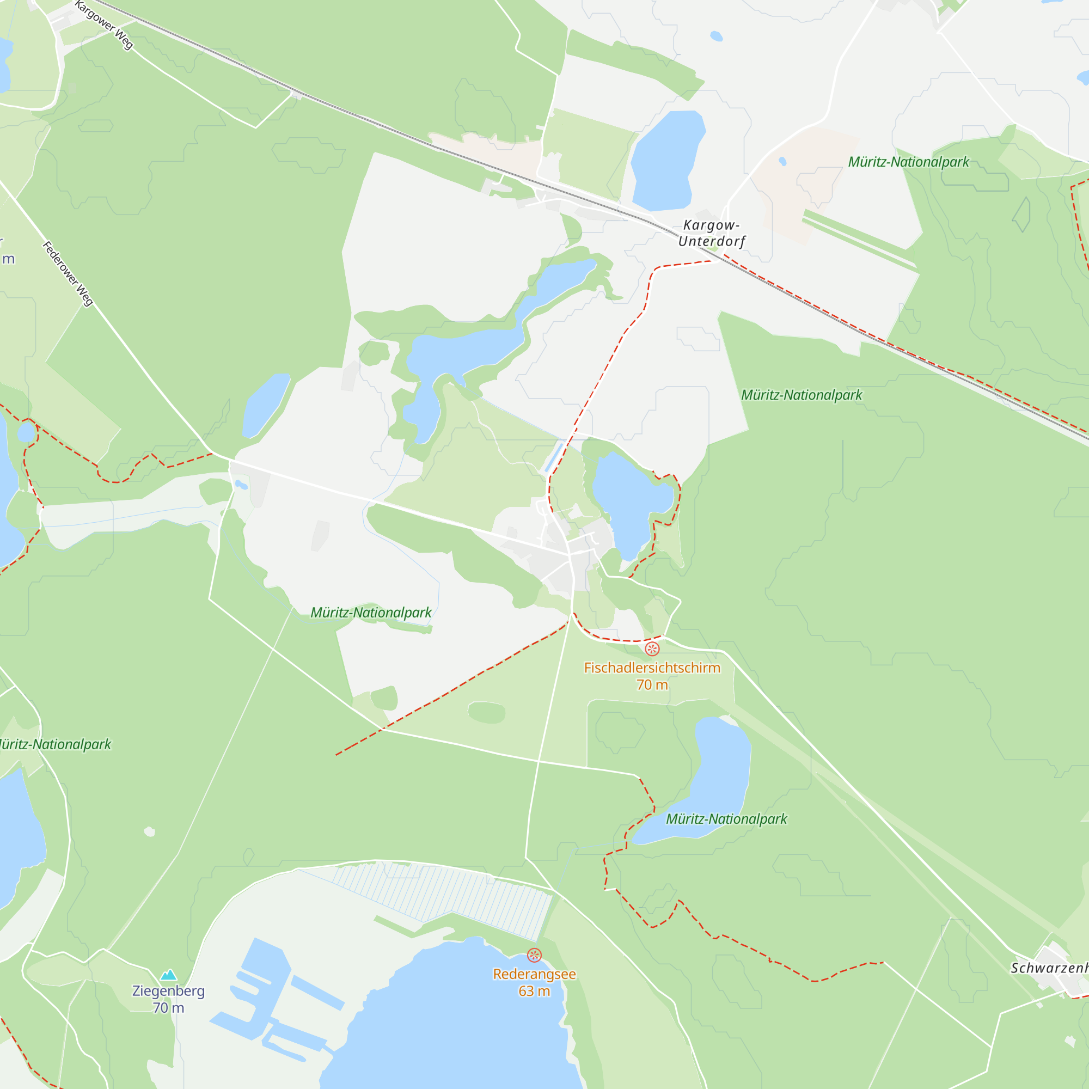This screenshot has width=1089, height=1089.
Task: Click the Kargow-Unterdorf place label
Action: click(711, 234)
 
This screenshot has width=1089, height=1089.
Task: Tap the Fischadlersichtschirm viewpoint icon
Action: click(652, 649)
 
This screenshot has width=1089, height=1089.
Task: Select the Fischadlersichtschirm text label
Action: click(652, 668)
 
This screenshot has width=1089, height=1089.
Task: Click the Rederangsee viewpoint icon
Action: click(534, 955)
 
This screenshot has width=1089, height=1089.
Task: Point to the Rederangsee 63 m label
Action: click(534, 982)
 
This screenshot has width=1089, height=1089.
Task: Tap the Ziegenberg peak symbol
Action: click(169, 975)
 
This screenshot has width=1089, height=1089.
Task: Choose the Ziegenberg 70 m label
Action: click(169, 999)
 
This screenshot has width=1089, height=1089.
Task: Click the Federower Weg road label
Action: click(68, 274)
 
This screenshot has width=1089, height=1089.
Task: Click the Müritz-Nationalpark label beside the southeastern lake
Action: click(726, 819)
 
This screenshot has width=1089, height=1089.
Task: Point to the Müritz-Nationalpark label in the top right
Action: click(909, 162)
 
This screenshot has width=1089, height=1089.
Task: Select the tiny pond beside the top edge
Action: click(717, 36)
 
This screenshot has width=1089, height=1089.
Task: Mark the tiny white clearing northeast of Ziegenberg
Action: click(149, 831)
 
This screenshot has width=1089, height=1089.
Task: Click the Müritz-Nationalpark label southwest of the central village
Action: click(371, 613)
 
